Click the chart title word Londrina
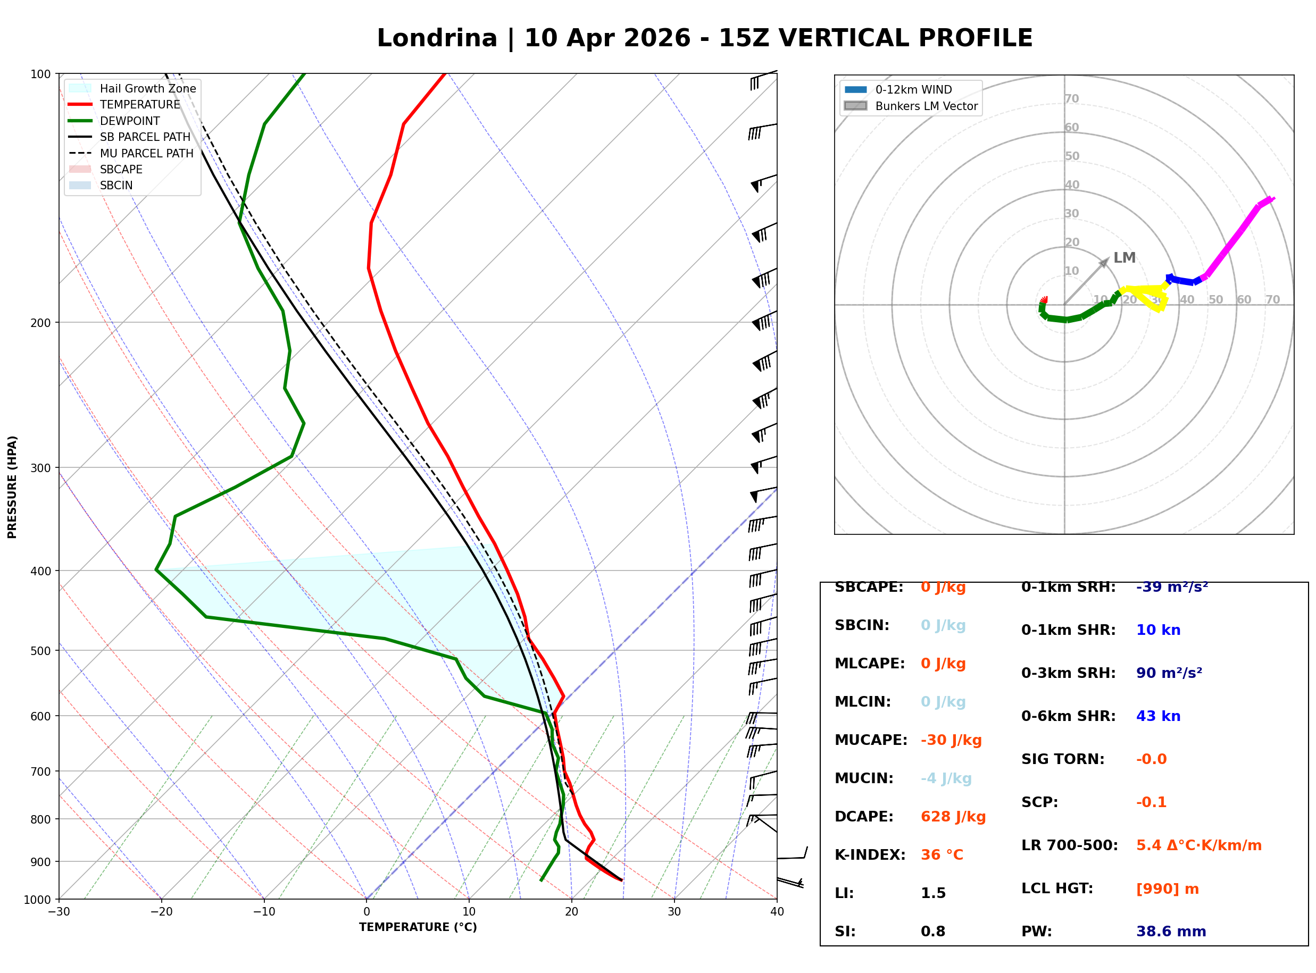pyautogui.click(x=437, y=38)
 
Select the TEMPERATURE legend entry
pyautogui.click(x=139, y=104)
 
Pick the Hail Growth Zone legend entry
pyautogui.click(x=147, y=88)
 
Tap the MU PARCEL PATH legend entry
pyautogui.click(x=146, y=153)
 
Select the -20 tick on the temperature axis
pyautogui.click(x=161, y=912)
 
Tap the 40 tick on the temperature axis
pyautogui.click(x=777, y=912)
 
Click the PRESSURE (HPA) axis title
pyautogui.click(x=12, y=486)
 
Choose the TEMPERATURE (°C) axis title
pyautogui.click(x=418, y=927)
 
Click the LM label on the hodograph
pyautogui.click(x=1124, y=258)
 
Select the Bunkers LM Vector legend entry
pyautogui.click(x=926, y=106)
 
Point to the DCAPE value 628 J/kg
pyautogui.click(x=953, y=817)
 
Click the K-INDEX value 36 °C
pyautogui.click(x=942, y=855)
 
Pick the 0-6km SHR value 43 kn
pyautogui.click(x=1157, y=716)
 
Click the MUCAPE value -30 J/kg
pyautogui.click(x=951, y=740)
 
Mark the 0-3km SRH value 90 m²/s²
pyautogui.click(x=1169, y=673)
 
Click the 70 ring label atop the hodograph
pyautogui.click(x=1071, y=98)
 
